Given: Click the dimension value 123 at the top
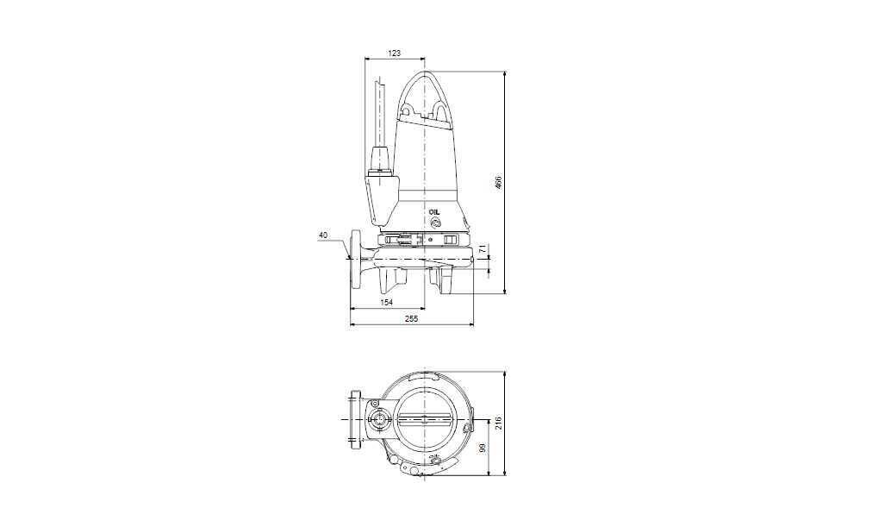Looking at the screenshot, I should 394,53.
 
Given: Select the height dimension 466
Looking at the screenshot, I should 497,183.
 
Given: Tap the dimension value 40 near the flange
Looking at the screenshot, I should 323,235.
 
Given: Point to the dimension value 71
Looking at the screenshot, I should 483,250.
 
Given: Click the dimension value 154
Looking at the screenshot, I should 386,303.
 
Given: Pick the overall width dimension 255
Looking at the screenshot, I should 411,319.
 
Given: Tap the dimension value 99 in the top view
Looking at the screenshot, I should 483,448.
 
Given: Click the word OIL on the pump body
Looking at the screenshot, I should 433,210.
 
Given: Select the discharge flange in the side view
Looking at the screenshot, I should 355,260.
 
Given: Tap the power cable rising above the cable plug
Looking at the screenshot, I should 379,112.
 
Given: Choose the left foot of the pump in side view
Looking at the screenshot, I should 396,280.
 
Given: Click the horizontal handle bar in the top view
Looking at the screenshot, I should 425,420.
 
